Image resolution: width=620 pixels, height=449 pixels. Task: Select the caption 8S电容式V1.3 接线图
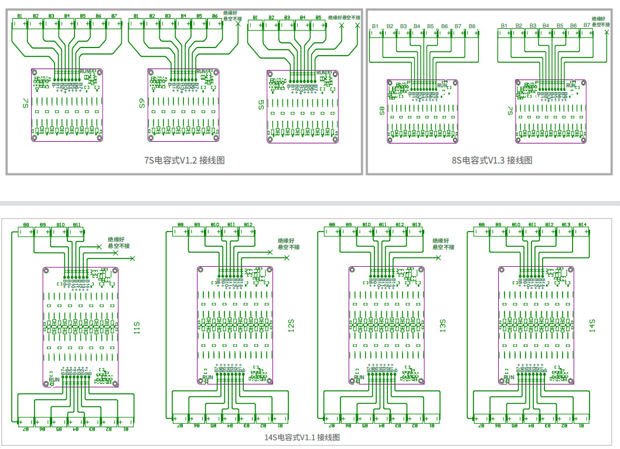(x=492, y=160)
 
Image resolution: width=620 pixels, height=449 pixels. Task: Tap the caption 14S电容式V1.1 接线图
(x=301, y=437)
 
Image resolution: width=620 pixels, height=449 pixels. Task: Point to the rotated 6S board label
(x=142, y=103)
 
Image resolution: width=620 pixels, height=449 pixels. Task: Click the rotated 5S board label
(x=261, y=104)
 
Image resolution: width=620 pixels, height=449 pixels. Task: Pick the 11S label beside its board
(x=137, y=328)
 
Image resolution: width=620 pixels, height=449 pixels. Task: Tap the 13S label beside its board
(x=443, y=326)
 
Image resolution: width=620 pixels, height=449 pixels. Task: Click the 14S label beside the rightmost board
(x=592, y=326)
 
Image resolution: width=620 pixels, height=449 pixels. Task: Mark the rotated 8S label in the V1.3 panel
(x=382, y=110)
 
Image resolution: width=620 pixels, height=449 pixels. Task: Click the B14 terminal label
(x=582, y=224)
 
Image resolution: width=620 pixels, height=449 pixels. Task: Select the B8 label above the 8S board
(x=472, y=26)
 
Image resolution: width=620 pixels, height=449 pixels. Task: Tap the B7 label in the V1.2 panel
(x=114, y=16)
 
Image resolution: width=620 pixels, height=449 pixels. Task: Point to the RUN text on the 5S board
(x=322, y=73)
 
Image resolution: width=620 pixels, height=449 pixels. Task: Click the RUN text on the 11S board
(x=54, y=379)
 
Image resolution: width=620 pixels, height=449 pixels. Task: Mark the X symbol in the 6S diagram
(x=238, y=24)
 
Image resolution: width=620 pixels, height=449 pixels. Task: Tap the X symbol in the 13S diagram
(x=438, y=257)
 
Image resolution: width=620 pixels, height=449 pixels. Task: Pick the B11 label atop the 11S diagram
(x=77, y=224)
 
